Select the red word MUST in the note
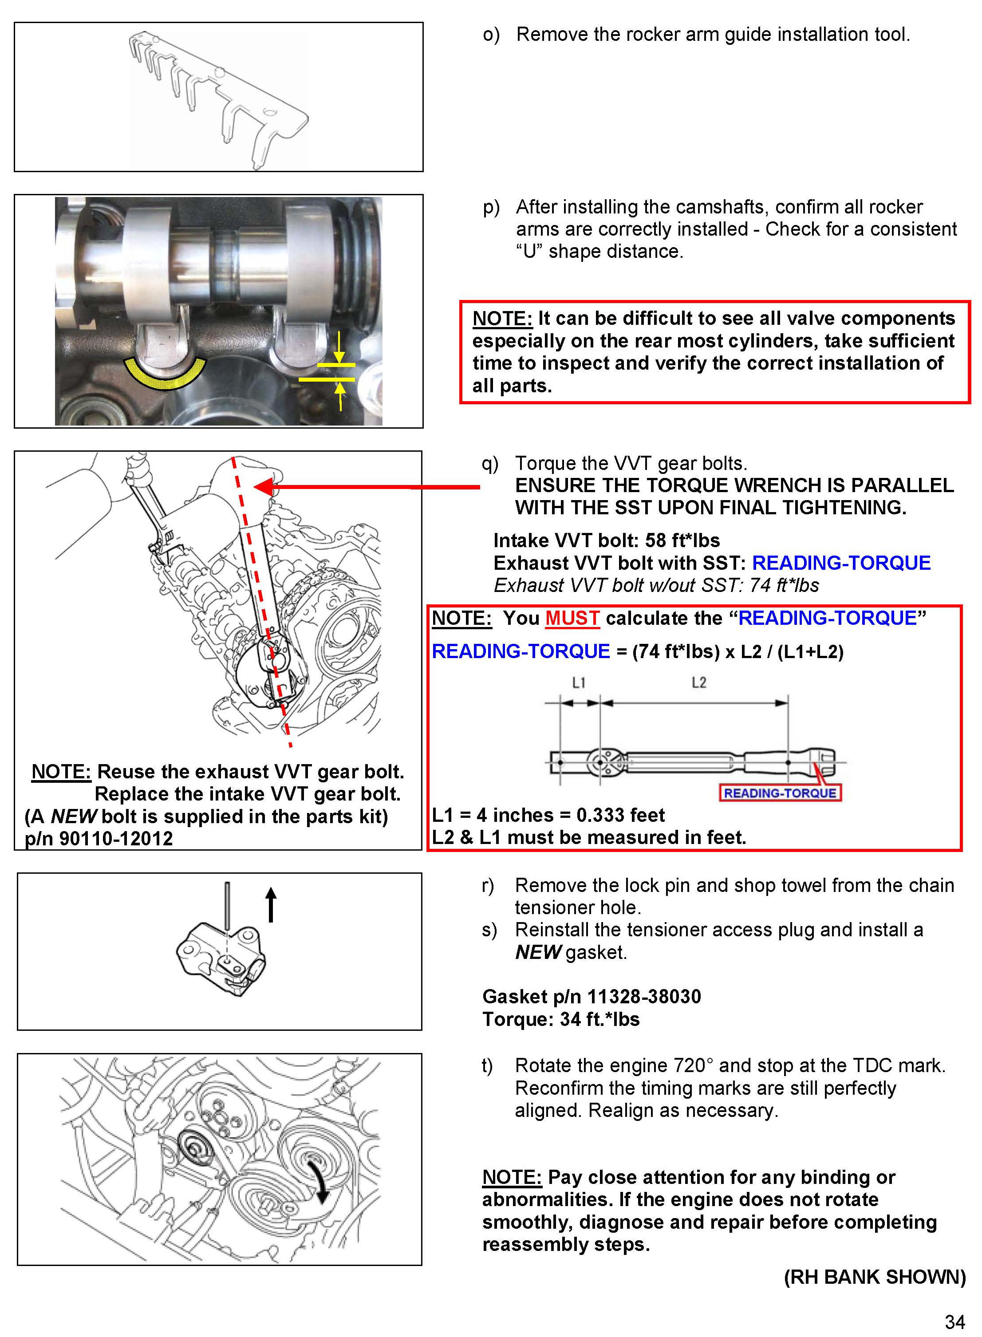coord(572,618)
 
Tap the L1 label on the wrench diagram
coord(578,682)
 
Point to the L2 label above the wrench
coord(699,682)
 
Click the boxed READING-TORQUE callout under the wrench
coord(780,793)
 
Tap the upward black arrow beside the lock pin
coord(271,903)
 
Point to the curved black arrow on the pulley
coord(321,1183)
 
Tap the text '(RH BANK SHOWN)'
coord(875,1277)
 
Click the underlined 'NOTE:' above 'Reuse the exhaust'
coord(61,772)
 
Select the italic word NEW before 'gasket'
coord(537,952)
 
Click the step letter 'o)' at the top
coord(491,35)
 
